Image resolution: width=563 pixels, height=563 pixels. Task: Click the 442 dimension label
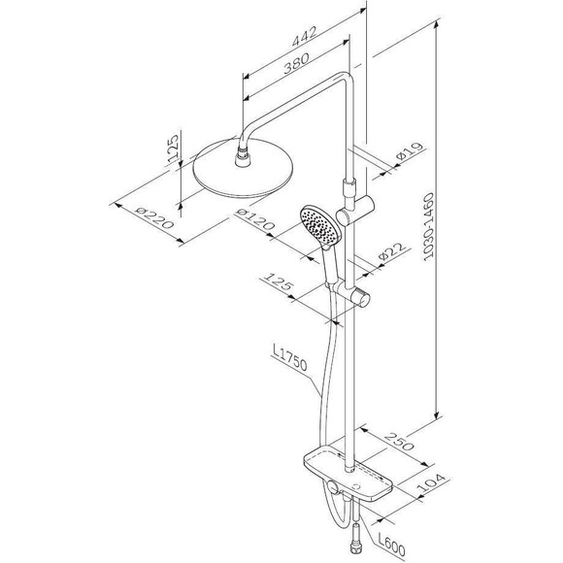pyautogui.click(x=304, y=36)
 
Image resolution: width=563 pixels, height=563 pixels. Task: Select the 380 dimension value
pyautogui.click(x=296, y=63)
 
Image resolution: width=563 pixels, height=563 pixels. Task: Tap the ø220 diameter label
pyautogui.click(x=154, y=218)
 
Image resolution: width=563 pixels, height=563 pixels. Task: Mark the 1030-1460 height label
pyautogui.click(x=428, y=226)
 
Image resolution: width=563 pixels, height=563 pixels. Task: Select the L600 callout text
pyautogui.click(x=391, y=546)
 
